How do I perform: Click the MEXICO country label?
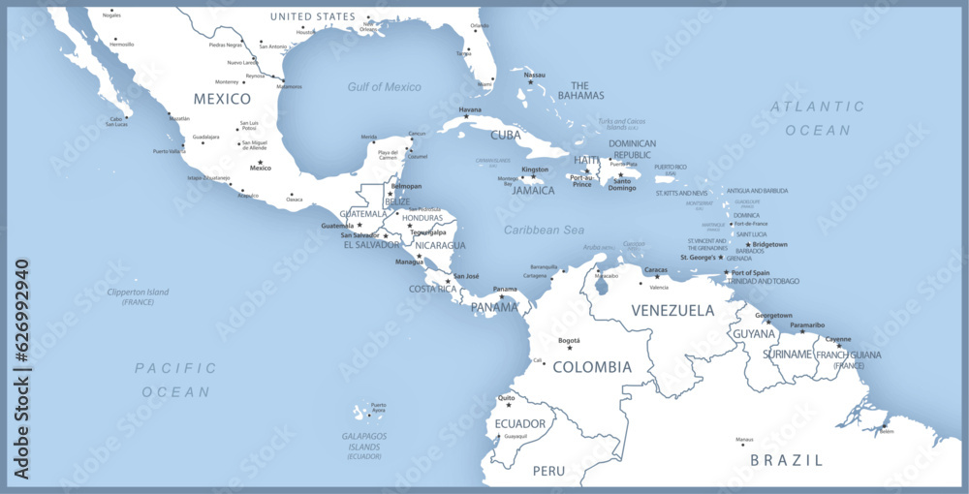222,99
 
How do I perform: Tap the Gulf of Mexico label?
385,87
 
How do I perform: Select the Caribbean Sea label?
544,230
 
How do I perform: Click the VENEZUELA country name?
672,311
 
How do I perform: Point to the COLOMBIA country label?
591,367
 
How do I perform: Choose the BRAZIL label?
786,460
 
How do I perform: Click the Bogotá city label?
570,341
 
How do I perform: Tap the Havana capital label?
470,109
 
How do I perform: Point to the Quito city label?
506,398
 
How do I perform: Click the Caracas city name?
656,269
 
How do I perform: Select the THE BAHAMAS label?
587,90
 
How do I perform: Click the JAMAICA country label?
533,191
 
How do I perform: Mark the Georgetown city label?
773,315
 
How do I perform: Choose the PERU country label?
548,471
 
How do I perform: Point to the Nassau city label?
535,75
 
